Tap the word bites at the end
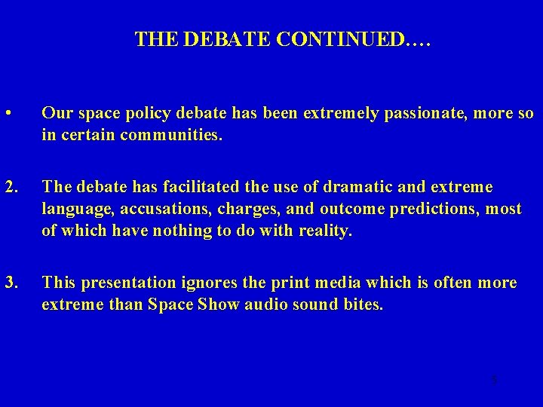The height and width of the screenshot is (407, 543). pyautogui.click(x=361, y=306)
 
